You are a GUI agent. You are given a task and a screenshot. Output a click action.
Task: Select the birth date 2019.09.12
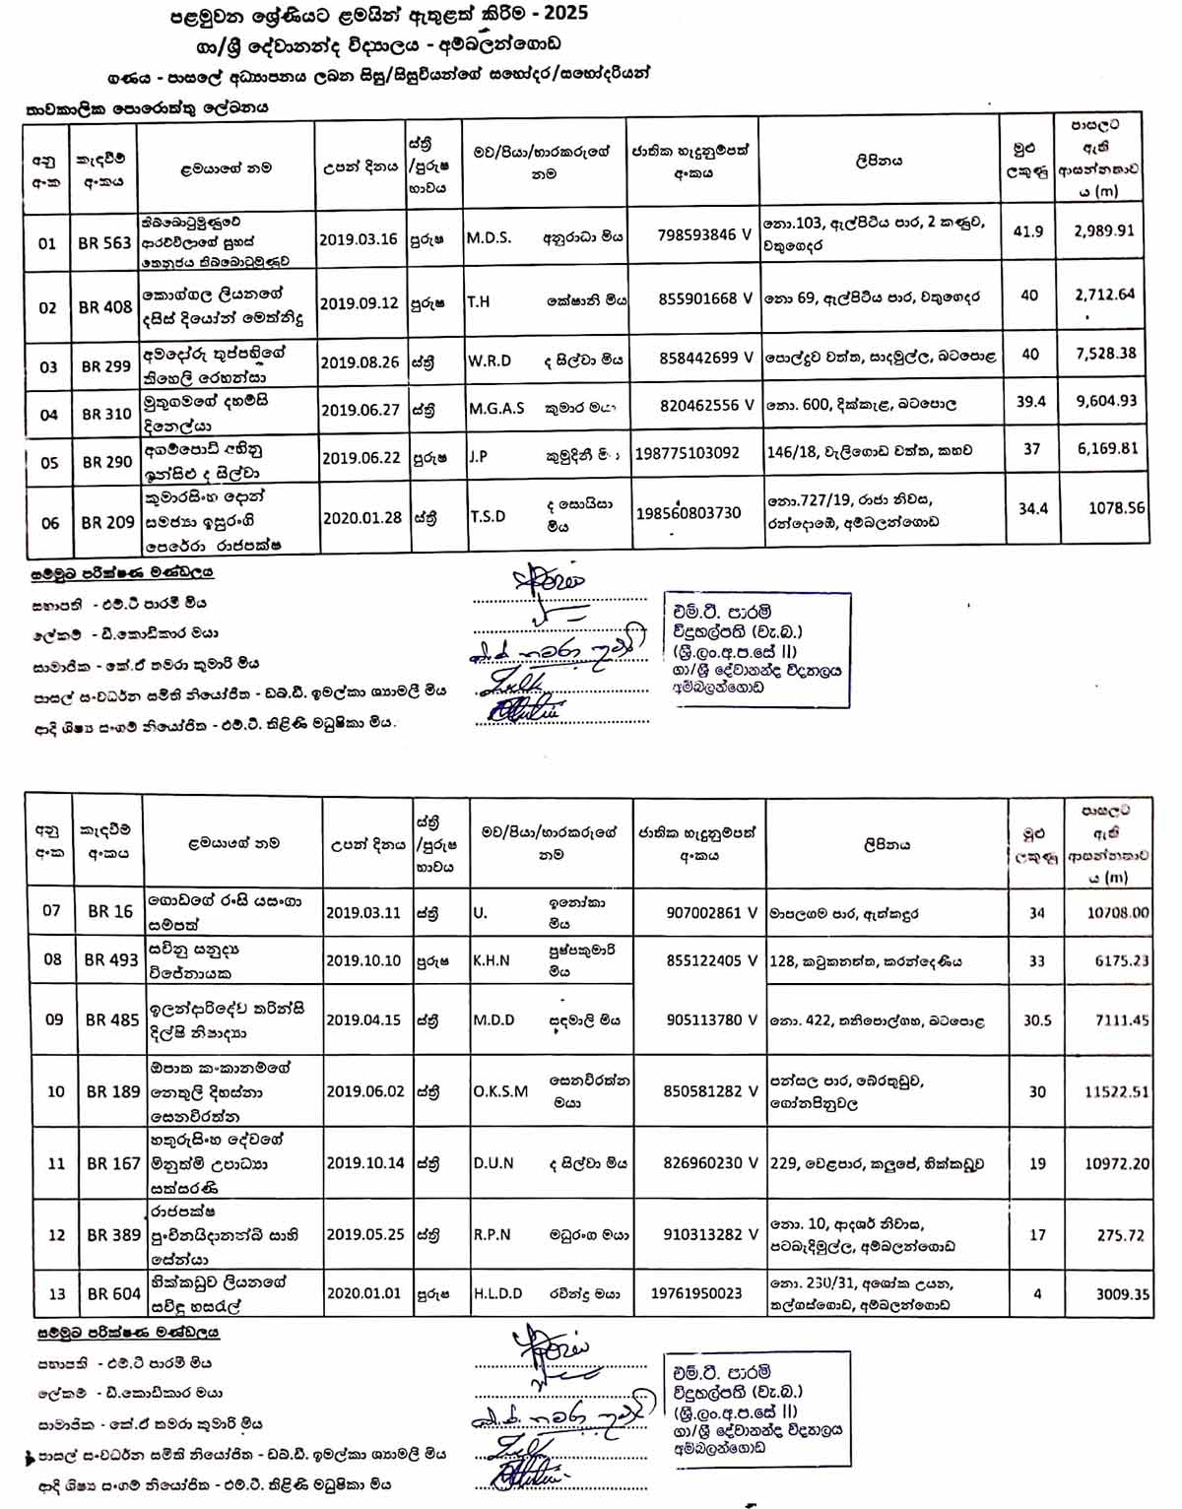359,302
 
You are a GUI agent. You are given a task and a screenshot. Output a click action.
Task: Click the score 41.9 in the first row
1027,231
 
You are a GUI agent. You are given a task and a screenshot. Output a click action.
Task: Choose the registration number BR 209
107,522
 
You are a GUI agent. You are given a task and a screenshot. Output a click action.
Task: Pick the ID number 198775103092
688,453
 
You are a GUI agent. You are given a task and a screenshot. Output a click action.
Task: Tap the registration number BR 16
110,912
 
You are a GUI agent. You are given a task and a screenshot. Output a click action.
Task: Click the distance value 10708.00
1117,913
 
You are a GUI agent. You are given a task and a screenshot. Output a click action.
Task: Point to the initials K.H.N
492,960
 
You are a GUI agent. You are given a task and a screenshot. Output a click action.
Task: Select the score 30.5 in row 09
1037,1020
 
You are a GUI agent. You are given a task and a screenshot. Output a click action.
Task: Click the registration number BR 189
113,1091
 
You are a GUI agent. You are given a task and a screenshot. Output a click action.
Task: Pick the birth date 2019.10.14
364,1163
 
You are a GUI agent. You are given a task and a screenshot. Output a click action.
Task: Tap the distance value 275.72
1121,1235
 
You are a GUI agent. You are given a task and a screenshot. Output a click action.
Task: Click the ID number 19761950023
696,1293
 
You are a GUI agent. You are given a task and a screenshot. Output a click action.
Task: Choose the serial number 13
56,1293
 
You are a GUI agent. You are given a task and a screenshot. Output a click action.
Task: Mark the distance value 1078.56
1116,508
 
